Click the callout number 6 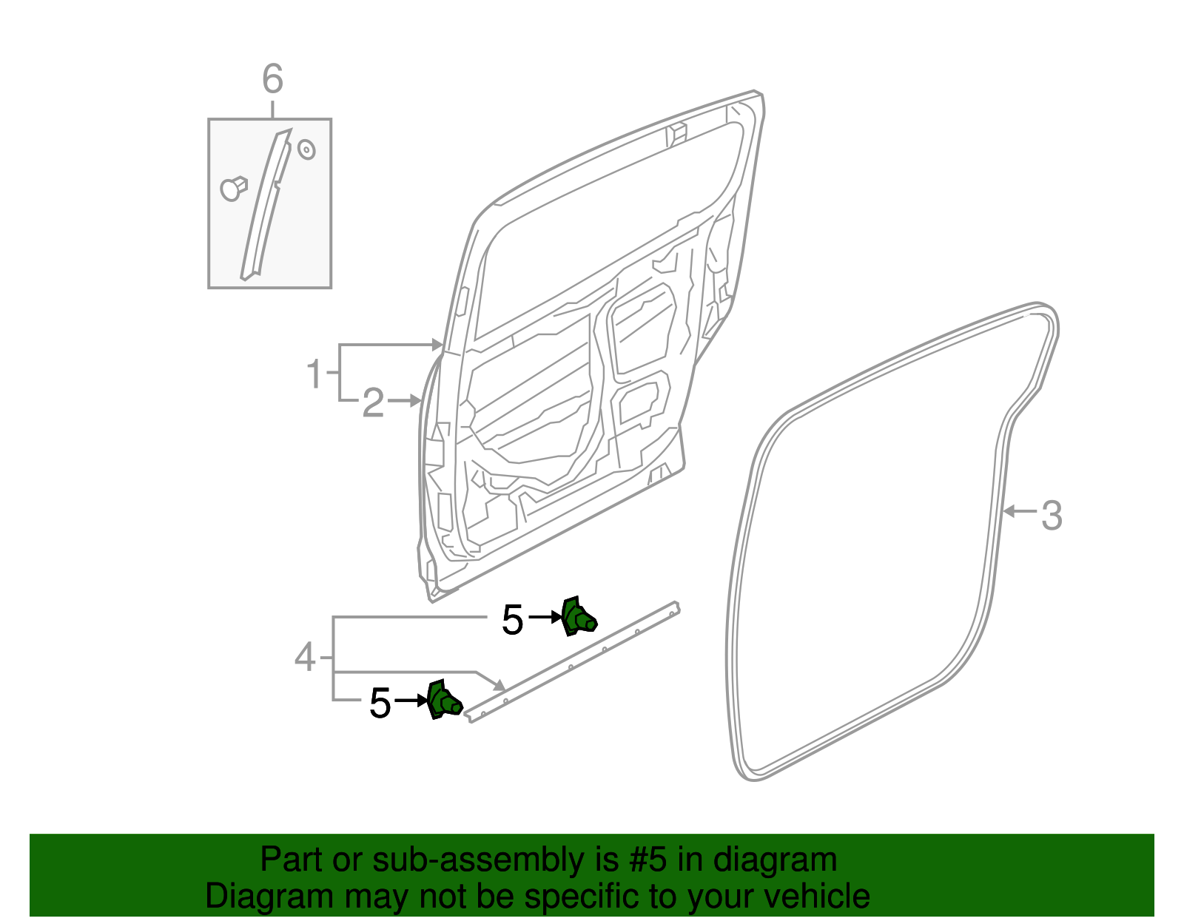click(272, 78)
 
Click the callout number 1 click(314, 374)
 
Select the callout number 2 click(373, 403)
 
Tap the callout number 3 click(1051, 515)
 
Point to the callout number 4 click(305, 657)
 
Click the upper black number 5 click(512, 620)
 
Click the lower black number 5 click(380, 703)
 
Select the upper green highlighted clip click(577, 616)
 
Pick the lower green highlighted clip click(444, 700)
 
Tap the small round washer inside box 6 click(306, 150)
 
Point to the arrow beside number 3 click(1020, 511)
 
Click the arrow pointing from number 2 click(406, 401)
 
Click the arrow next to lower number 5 click(412, 700)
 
